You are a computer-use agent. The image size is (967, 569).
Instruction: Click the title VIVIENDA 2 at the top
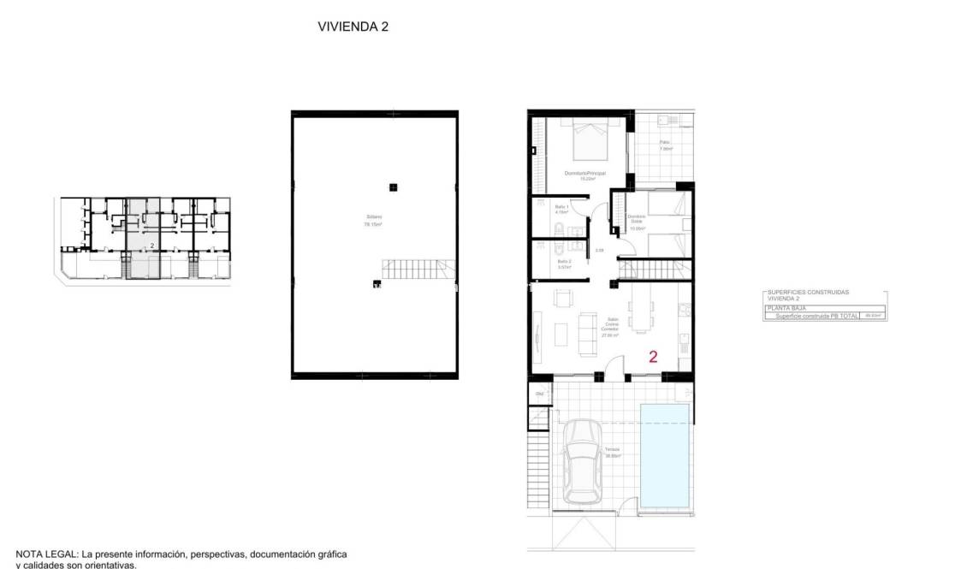coord(353,27)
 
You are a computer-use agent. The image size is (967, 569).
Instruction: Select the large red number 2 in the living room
coord(653,358)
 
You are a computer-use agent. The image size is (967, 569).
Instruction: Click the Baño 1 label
coord(561,208)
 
